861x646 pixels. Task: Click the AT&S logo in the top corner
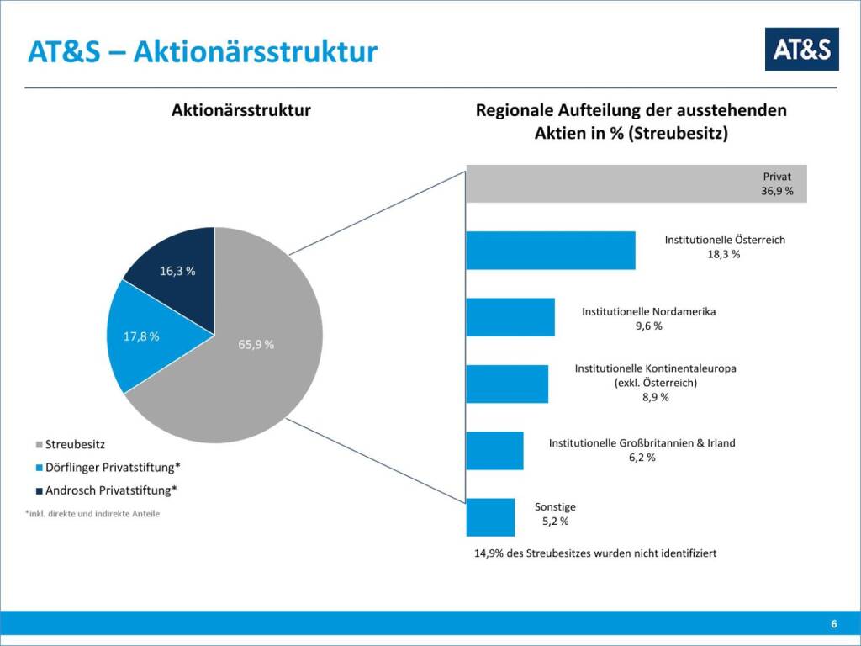click(801, 50)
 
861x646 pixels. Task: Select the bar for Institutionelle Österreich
click(551, 250)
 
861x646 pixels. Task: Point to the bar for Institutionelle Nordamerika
click(510, 317)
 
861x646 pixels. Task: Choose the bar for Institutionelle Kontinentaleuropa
click(507, 384)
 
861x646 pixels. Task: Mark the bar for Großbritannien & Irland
click(494, 451)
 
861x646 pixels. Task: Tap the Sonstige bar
click(490, 516)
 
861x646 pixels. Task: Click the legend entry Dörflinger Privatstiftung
click(113, 467)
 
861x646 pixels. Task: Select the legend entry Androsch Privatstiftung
click(111, 490)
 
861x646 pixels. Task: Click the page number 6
click(833, 624)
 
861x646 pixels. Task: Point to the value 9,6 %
click(648, 326)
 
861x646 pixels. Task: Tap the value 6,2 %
click(642, 458)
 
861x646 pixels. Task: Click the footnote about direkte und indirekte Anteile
click(92, 513)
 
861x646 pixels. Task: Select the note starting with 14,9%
click(595, 553)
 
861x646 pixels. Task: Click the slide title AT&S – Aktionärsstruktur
click(203, 52)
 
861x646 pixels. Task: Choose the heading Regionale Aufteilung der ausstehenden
click(631, 110)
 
